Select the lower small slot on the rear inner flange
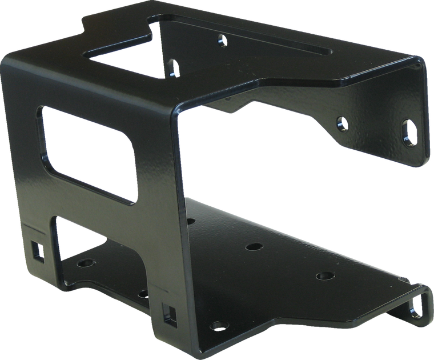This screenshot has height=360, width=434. click(173, 67)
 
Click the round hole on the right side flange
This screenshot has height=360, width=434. click(341, 122)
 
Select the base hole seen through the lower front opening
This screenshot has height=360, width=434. click(86, 265)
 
